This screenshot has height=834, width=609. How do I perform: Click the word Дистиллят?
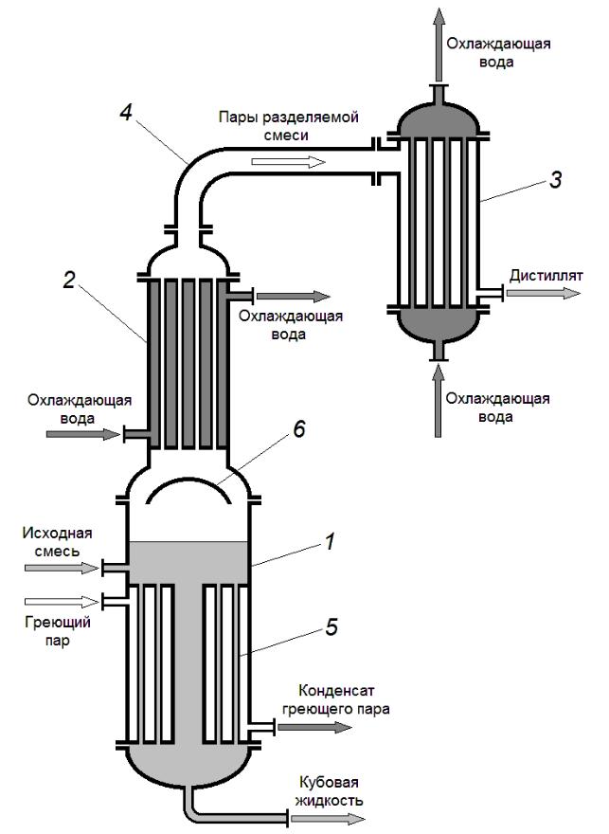tap(544, 276)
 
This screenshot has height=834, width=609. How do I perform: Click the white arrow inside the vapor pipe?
tap(288, 162)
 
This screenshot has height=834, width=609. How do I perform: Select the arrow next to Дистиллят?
tap(544, 294)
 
